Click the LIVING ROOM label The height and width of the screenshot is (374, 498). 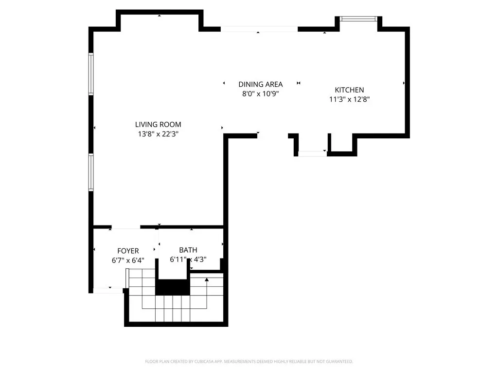point(158,124)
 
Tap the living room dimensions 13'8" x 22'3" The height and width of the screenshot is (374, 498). point(158,134)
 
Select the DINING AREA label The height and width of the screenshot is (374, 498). point(261,84)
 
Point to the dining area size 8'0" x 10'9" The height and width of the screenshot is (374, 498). point(261,94)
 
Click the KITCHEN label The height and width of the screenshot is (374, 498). point(349,90)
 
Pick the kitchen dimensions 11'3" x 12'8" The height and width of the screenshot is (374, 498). point(349,99)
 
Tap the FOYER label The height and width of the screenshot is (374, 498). point(128,251)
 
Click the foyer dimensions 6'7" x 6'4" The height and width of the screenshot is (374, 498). point(128,261)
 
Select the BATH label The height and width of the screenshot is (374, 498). point(188,250)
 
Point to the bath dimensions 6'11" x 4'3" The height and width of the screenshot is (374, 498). point(188,260)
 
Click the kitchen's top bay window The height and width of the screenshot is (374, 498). point(358,19)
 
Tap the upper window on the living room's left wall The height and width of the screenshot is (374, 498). point(91,74)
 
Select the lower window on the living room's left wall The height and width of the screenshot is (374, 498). point(91,172)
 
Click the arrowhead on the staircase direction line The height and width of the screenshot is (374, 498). point(207,280)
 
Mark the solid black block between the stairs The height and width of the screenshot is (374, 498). point(173,287)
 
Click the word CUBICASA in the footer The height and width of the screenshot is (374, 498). point(204,362)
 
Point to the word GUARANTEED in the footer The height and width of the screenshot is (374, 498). point(340,362)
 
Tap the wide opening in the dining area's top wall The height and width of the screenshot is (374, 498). point(259,29)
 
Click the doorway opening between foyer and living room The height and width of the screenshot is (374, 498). point(126,227)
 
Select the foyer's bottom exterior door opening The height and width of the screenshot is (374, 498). point(108,290)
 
